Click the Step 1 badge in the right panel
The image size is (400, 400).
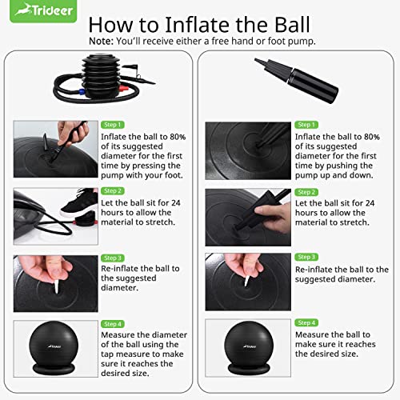tap(306, 125)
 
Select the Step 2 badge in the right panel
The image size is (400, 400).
tap(306, 191)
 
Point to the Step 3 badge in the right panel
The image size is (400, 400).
tap(306, 257)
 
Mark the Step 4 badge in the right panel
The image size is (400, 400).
tap(306, 323)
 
